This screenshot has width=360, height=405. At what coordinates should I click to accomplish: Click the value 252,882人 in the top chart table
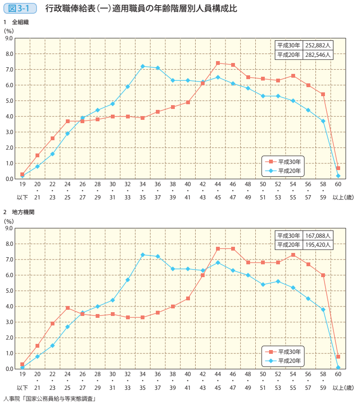click(319, 45)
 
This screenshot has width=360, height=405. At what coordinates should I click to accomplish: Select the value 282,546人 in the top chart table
click(319, 55)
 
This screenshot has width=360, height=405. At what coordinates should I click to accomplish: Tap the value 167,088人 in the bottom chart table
click(319, 235)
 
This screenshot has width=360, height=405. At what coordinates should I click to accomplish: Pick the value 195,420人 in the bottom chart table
click(319, 245)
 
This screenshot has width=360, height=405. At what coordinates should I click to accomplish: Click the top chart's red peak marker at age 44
click(218, 63)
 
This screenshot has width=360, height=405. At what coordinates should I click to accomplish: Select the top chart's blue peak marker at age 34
click(143, 66)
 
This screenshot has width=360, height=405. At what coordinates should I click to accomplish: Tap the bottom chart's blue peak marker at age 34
click(143, 255)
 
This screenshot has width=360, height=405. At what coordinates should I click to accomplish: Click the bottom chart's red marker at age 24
click(68, 308)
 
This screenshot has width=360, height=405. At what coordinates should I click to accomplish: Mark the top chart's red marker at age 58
click(323, 94)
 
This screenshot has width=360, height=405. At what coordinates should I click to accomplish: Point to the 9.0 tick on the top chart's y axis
click(8, 38)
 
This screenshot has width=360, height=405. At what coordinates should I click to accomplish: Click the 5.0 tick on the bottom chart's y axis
click(8, 291)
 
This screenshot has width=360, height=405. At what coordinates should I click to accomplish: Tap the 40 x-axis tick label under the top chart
click(188, 184)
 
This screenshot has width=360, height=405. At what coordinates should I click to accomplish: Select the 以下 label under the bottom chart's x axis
click(22, 387)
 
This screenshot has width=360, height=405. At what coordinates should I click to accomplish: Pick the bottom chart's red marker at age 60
click(338, 356)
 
